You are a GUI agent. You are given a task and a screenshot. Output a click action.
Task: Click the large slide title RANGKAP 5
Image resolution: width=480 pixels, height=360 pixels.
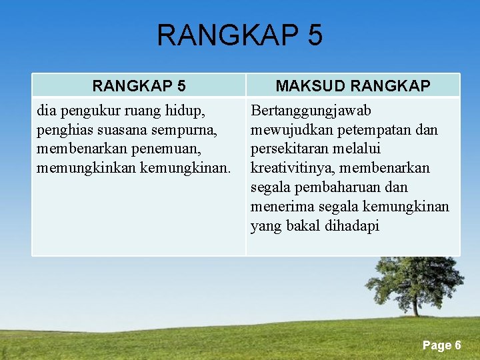[239, 35]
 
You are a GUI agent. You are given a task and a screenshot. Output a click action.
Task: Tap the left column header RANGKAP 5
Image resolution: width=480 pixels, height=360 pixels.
[139, 86]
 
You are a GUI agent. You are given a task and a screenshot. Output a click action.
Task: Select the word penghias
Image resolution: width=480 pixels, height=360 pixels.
[65, 129]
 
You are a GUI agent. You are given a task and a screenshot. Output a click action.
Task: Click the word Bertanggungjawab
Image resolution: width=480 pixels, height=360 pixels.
[311, 110]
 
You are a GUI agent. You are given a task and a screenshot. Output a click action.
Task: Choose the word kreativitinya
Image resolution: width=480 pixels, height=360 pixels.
[289, 168]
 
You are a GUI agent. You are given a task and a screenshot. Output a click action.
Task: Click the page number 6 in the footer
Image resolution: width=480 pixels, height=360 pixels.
[458, 345]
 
